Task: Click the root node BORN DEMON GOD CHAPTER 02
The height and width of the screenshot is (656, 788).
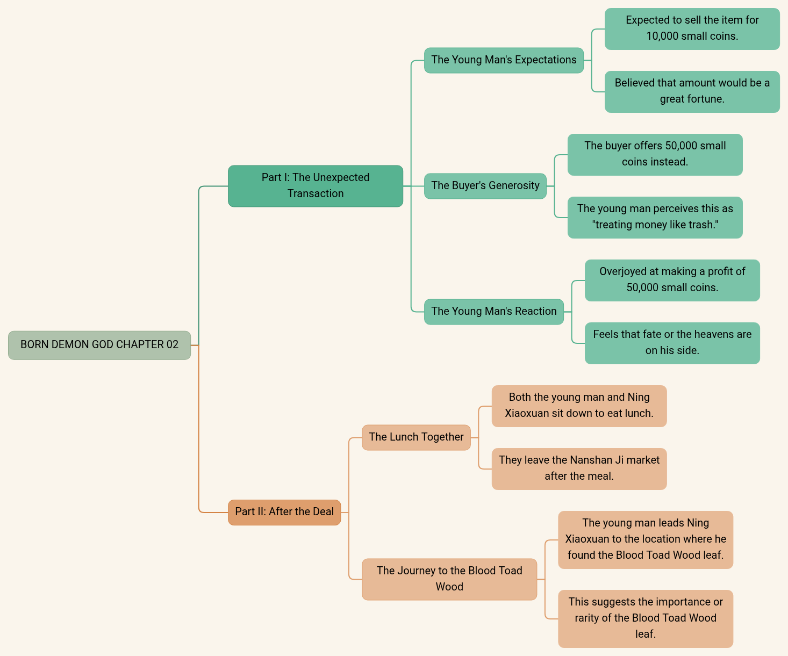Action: tap(99, 345)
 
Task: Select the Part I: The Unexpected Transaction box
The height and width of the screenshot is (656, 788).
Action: tap(316, 186)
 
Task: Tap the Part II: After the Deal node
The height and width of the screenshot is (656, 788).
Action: tap(284, 512)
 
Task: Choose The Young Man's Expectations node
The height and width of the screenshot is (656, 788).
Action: tap(504, 60)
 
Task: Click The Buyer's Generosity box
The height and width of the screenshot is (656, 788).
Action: tap(485, 186)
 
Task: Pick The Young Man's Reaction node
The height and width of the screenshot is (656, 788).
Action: tap(493, 312)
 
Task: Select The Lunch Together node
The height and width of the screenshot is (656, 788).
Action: tap(416, 437)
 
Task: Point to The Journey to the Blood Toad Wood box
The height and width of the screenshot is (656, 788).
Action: tap(449, 579)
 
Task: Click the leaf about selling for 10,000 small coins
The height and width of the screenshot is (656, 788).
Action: tap(692, 28)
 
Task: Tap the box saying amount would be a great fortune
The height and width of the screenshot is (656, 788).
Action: tap(692, 91)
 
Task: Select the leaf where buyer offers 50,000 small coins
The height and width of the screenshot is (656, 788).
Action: tap(655, 154)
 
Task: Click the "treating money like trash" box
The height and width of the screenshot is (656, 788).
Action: tap(655, 217)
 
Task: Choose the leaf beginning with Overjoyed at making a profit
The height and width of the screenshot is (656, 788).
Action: tap(672, 280)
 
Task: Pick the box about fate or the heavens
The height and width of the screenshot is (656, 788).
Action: tap(672, 343)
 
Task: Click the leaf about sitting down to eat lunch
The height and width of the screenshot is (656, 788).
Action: tap(579, 406)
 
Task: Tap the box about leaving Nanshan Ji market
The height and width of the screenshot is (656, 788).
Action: tap(579, 468)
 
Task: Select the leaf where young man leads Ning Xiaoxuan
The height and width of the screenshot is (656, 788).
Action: tap(645, 539)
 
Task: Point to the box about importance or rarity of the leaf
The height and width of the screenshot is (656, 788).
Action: tap(645, 618)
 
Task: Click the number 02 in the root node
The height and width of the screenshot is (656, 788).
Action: tap(172, 345)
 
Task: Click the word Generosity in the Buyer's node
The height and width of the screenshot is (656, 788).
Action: tap(514, 186)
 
